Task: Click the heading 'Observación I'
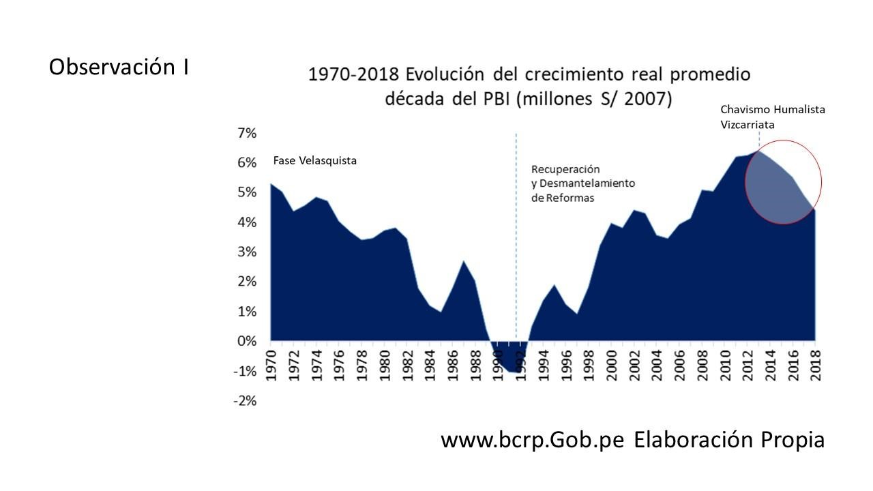[x=119, y=68]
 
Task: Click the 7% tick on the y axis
[x=246, y=133]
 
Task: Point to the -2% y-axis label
[x=245, y=401]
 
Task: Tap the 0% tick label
[x=246, y=341]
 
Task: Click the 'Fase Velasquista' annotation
[x=315, y=161]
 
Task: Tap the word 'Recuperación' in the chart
[x=565, y=169]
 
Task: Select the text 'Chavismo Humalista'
[x=773, y=109]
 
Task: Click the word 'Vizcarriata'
[x=748, y=125]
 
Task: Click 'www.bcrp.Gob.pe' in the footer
[x=533, y=440]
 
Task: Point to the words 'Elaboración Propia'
[x=729, y=440]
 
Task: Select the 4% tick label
[x=246, y=222]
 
